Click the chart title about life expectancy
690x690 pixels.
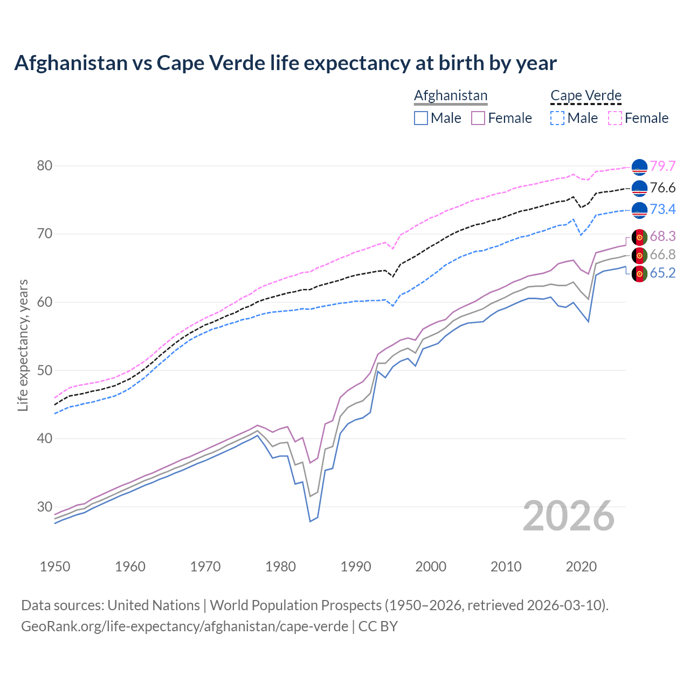tap(285, 63)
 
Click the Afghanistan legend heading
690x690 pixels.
tap(451, 95)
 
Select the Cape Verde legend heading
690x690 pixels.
tap(586, 95)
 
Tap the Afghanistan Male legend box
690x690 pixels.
tap(421, 118)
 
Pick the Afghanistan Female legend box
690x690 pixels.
tap(478, 118)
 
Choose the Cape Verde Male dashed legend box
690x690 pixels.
tap(557, 118)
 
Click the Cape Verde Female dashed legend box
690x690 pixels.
tap(615, 118)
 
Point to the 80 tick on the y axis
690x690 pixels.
tap(45, 165)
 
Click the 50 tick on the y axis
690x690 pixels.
tap(45, 370)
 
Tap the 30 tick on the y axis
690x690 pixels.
tap(45, 507)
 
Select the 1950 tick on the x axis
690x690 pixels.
tap(55, 567)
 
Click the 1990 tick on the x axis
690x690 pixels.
tap(356, 567)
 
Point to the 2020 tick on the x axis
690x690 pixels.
tap(581, 567)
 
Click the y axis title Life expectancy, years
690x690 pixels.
tap(23, 345)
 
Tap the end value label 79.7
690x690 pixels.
tap(663, 167)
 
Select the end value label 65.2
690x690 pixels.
tap(663, 273)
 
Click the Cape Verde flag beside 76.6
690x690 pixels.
tap(639, 188)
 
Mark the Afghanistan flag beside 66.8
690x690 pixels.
tap(639, 255)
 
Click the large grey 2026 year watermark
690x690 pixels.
tap(569, 516)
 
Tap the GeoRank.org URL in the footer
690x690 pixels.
tap(184, 626)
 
